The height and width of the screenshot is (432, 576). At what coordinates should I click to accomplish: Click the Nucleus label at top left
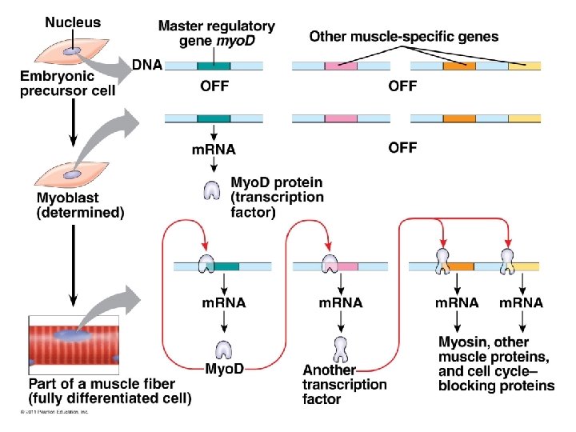pos(73,22)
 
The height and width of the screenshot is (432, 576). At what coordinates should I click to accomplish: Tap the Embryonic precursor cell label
pos(68,82)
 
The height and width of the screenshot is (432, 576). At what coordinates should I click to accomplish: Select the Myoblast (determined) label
pos(80,205)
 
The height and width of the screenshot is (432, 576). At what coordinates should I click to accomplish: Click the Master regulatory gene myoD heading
pos(216,33)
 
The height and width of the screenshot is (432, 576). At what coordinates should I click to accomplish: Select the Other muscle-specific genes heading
pos(403,36)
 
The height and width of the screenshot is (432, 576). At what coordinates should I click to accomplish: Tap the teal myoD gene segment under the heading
pos(214,66)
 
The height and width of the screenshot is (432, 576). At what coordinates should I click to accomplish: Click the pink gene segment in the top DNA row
pos(341,66)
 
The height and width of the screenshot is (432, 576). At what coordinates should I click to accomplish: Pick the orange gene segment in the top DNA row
pos(459,66)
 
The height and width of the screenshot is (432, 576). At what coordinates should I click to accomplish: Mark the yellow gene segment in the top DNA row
pos(524,66)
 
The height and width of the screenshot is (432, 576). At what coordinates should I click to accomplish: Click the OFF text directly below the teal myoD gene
pos(214,86)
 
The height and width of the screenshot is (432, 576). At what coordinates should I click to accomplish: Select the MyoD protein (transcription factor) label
pos(276,197)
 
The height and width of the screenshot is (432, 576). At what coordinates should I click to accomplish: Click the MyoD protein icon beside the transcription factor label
pos(213,190)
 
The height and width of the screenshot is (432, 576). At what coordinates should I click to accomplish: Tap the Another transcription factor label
pos(344,384)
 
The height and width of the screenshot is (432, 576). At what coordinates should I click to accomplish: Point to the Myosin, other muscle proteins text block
pos(496,364)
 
